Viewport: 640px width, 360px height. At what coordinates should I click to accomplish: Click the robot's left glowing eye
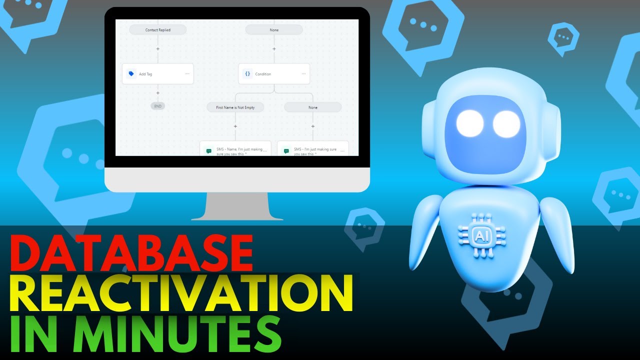(x=469, y=123)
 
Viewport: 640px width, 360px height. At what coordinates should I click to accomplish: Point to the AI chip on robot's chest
(x=481, y=234)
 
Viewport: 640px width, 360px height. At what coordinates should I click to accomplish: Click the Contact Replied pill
(x=157, y=30)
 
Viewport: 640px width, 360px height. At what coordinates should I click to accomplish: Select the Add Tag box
(x=157, y=73)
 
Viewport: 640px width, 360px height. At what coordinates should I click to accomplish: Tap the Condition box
(x=273, y=73)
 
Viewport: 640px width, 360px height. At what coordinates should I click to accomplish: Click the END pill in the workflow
(x=157, y=106)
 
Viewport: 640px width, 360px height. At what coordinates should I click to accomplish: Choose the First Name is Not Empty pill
(x=235, y=107)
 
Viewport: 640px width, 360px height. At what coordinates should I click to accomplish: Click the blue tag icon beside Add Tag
(x=131, y=73)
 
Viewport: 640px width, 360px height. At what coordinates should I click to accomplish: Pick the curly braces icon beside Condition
(x=247, y=73)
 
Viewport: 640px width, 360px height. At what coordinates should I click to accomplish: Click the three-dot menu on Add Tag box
(x=187, y=73)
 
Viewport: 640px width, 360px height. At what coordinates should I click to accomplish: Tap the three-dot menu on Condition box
(x=303, y=73)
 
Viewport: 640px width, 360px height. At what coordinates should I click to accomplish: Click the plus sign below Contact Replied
(x=157, y=49)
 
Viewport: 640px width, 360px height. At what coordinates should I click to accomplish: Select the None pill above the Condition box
(x=273, y=30)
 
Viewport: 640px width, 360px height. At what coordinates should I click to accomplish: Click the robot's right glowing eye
(x=506, y=123)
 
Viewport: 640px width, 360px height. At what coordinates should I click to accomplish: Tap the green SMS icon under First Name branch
(x=208, y=150)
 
